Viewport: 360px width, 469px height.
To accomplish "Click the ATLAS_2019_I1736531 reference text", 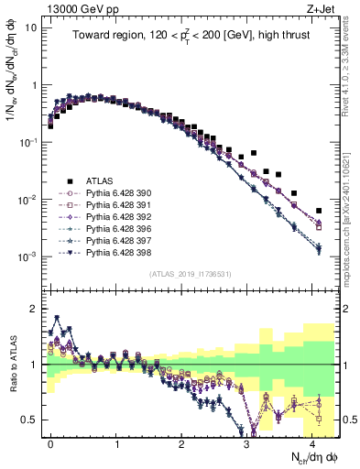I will [190, 274].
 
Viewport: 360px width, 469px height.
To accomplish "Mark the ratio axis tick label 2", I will [35, 308].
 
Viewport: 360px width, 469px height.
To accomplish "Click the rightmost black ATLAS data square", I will [319, 211].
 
